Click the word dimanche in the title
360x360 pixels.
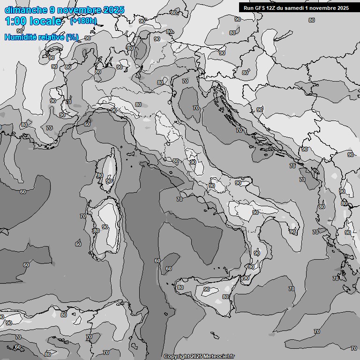(x=26, y=10)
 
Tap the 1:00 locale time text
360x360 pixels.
(x=33, y=21)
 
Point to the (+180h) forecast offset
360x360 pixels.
(x=83, y=21)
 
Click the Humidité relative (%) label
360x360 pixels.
(x=41, y=37)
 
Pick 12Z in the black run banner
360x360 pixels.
(x=276, y=7)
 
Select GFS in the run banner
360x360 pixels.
(x=263, y=7)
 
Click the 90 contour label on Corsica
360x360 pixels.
(x=109, y=181)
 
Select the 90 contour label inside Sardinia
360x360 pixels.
(x=105, y=227)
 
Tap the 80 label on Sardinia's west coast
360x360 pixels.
(x=97, y=231)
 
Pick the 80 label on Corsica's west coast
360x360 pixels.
(x=100, y=175)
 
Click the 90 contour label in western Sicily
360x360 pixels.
(x=207, y=290)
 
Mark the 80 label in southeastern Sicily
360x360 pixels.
(x=225, y=297)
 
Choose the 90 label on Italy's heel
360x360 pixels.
(x=292, y=232)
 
